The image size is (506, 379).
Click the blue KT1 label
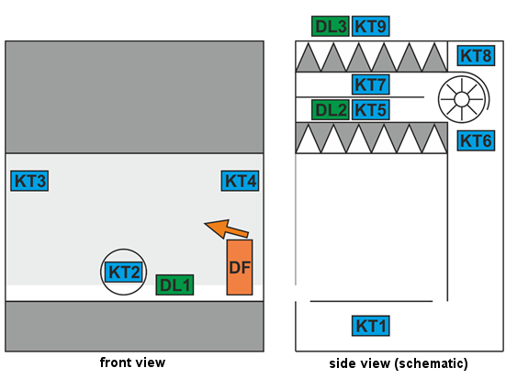[371, 326]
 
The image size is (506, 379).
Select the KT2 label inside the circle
[124, 272]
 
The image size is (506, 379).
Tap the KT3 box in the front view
[29, 181]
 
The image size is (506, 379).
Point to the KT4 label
[240, 181]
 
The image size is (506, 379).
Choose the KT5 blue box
[370, 110]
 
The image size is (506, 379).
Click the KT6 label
[476, 140]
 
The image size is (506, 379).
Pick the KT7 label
[370, 84]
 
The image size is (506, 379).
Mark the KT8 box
[476, 55]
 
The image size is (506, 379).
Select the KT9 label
[370, 26]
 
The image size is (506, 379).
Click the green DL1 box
[174, 284]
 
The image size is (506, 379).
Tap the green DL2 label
[331, 110]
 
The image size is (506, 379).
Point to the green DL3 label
[331, 26]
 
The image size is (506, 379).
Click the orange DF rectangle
[240, 267]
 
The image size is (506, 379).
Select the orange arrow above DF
[226, 229]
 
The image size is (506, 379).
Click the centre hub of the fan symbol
[462, 99]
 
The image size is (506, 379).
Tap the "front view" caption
[132, 362]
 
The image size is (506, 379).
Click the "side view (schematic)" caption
[399, 363]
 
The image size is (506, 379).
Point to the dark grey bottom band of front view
[134, 326]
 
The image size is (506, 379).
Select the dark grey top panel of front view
[134, 97]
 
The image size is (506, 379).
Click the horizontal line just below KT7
[360, 96]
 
